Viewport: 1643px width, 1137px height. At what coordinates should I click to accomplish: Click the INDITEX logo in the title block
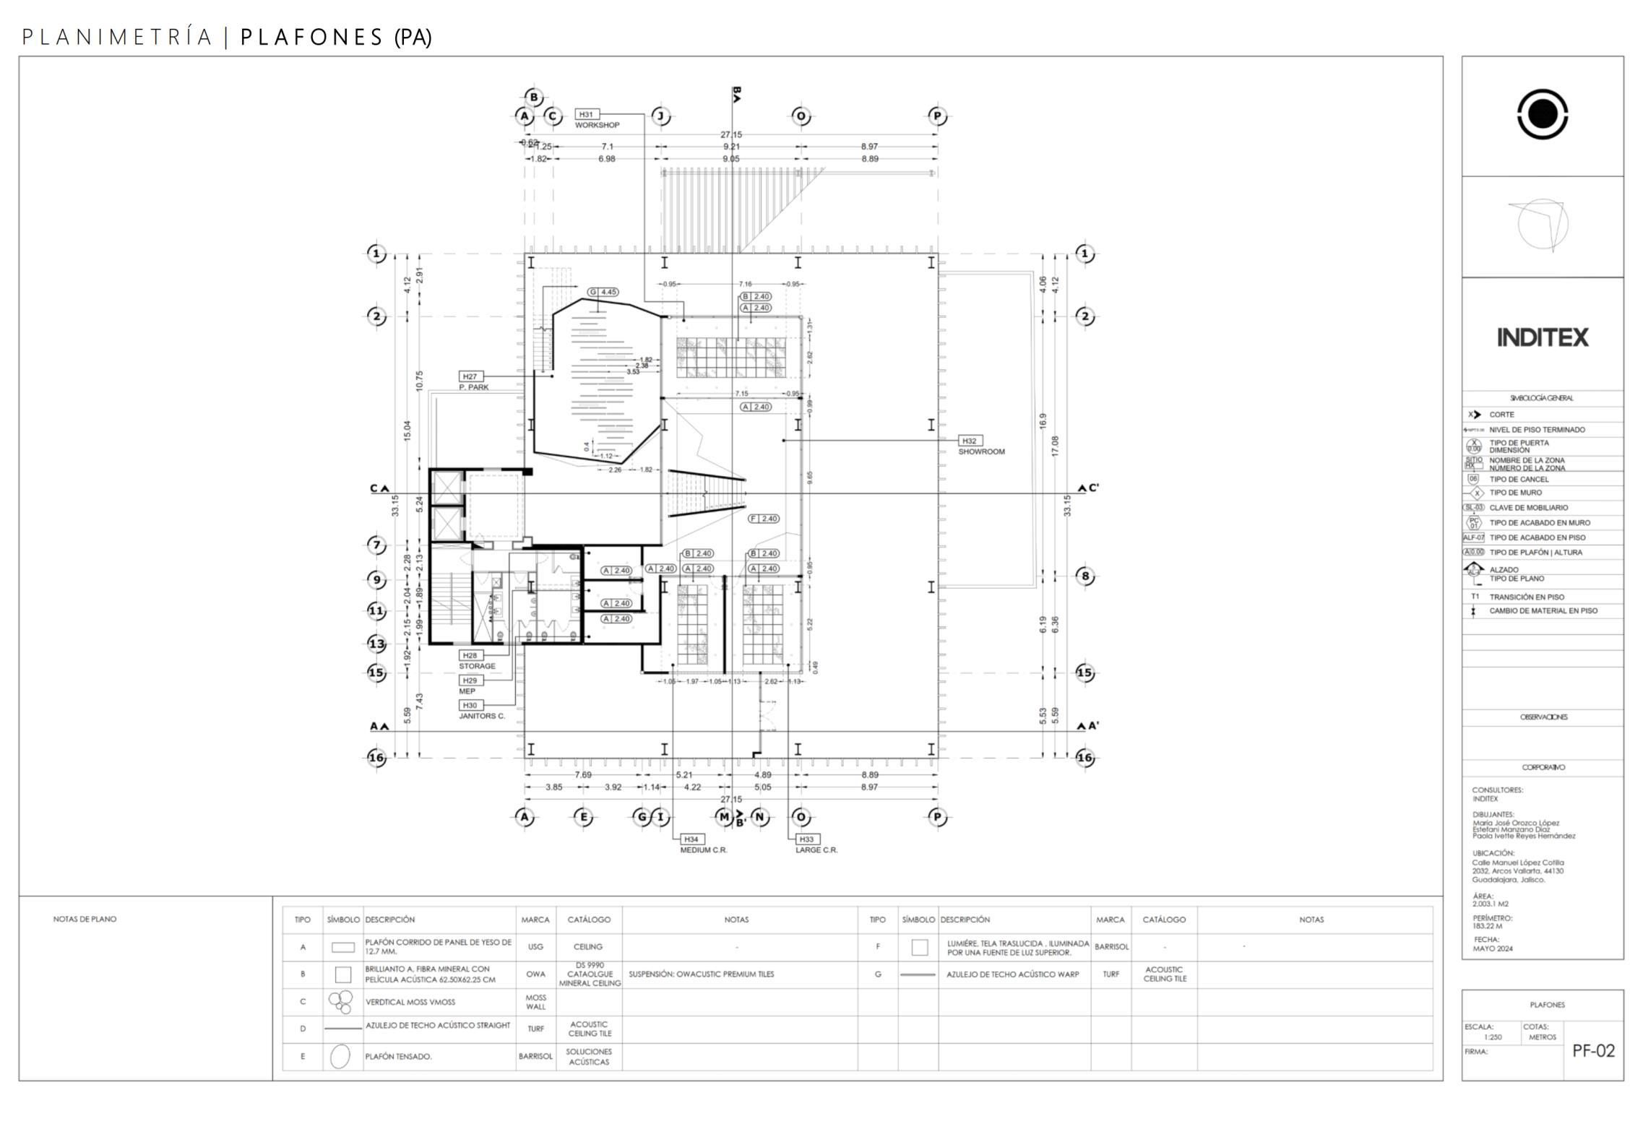1543,337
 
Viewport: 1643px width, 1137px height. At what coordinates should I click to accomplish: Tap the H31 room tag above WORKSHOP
586,114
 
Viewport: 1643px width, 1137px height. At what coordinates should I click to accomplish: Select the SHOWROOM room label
981,451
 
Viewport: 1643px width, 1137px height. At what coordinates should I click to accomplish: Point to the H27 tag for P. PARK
470,376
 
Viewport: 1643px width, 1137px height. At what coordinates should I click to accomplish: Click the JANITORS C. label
482,716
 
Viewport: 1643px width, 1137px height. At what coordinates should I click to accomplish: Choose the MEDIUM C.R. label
704,849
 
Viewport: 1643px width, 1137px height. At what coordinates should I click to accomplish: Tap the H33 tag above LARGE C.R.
806,839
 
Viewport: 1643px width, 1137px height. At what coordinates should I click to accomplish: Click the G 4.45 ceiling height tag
603,292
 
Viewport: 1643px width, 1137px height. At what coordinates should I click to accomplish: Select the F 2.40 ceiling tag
764,519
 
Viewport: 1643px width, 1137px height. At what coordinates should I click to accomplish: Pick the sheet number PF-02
1593,1050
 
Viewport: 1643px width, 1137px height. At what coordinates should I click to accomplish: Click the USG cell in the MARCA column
535,946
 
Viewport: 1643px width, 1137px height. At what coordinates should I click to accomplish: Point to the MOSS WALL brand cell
535,1002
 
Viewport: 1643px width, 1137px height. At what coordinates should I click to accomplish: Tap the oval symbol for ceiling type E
340,1056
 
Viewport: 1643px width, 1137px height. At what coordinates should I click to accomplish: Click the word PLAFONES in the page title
311,38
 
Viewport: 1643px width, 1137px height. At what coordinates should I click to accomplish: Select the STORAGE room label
477,666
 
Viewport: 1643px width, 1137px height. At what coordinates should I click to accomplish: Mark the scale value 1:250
1492,1037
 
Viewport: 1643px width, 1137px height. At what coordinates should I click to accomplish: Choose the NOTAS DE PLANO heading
85,920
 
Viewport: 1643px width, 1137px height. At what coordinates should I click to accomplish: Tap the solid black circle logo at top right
1543,114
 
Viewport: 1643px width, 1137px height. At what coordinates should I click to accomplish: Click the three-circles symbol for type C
340,1001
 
